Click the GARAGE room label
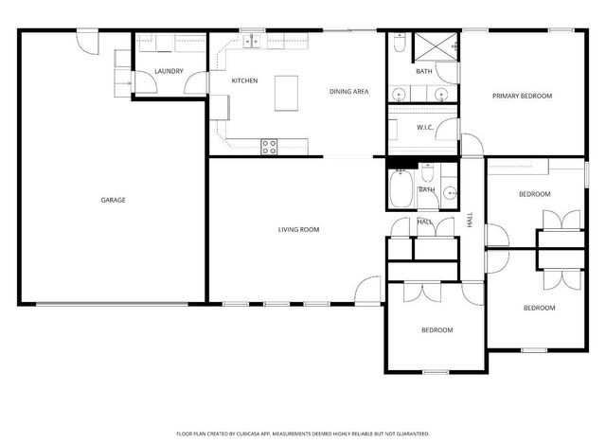[x=113, y=200]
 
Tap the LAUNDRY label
[x=169, y=71]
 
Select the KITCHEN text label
[x=244, y=80]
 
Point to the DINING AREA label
[x=349, y=92]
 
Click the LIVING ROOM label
[x=299, y=229]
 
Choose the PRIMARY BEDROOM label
[x=522, y=96]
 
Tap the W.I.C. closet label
[x=425, y=128]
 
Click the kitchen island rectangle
[x=286, y=93]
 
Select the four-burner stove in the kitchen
[x=269, y=147]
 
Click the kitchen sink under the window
[x=252, y=41]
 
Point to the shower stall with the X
[x=436, y=47]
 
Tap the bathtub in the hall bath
[x=401, y=189]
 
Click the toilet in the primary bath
[x=400, y=43]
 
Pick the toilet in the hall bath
[x=427, y=172]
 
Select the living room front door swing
[x=367, y=290]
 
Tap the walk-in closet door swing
[x=447, y=129]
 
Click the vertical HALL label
[x=470, y=220]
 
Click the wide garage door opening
[x=112, y=305]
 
